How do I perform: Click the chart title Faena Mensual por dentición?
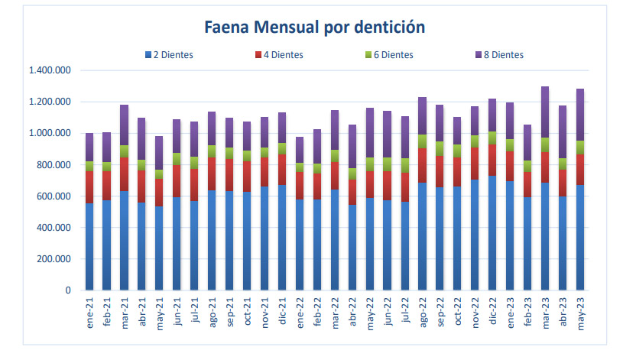(314, 28)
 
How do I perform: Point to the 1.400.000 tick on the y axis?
(49, 70)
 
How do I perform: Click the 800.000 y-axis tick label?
(54, 165)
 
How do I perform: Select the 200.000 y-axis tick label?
(54, 259)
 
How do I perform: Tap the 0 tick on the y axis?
(68, 290)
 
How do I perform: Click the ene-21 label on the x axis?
(90, 316)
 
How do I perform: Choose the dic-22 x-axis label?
(492, 316)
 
